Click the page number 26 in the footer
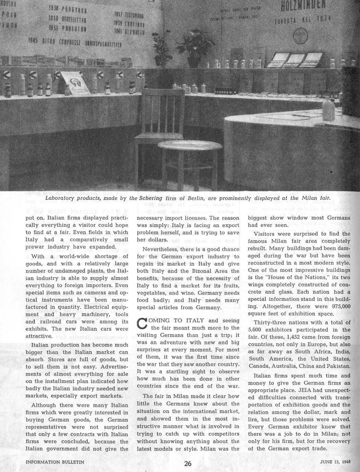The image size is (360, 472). (x=188, y=464)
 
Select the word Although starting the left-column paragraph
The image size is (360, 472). (x=46, y=405)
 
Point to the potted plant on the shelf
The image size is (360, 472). (x=194, y=48)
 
